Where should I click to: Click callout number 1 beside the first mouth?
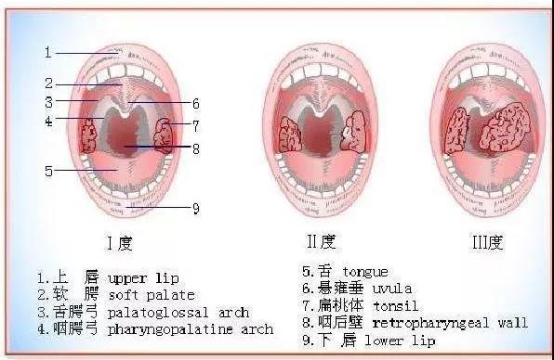pyautogui.click(x=48, y=53)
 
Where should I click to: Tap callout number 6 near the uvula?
pyautogui.click(x=196, y=104)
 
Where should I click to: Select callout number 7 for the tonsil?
pyautogui.click(x=196, y=124)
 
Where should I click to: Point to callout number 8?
pyautogui.click(x=196, y=148)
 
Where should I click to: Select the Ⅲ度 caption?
pyautogui.click(x=484, y=243)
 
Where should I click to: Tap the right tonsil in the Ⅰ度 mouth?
pyautogui.click(x=163, y=135)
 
